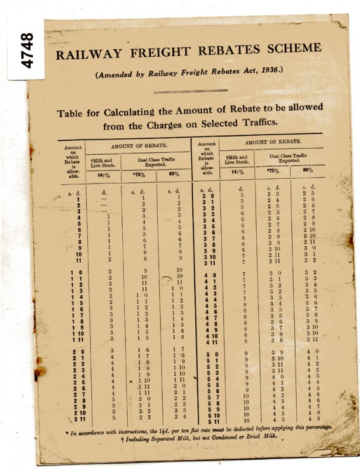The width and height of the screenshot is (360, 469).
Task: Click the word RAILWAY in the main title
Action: [x=87, y=54]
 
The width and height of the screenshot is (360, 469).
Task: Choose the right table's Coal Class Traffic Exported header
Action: [x=290, y=157]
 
